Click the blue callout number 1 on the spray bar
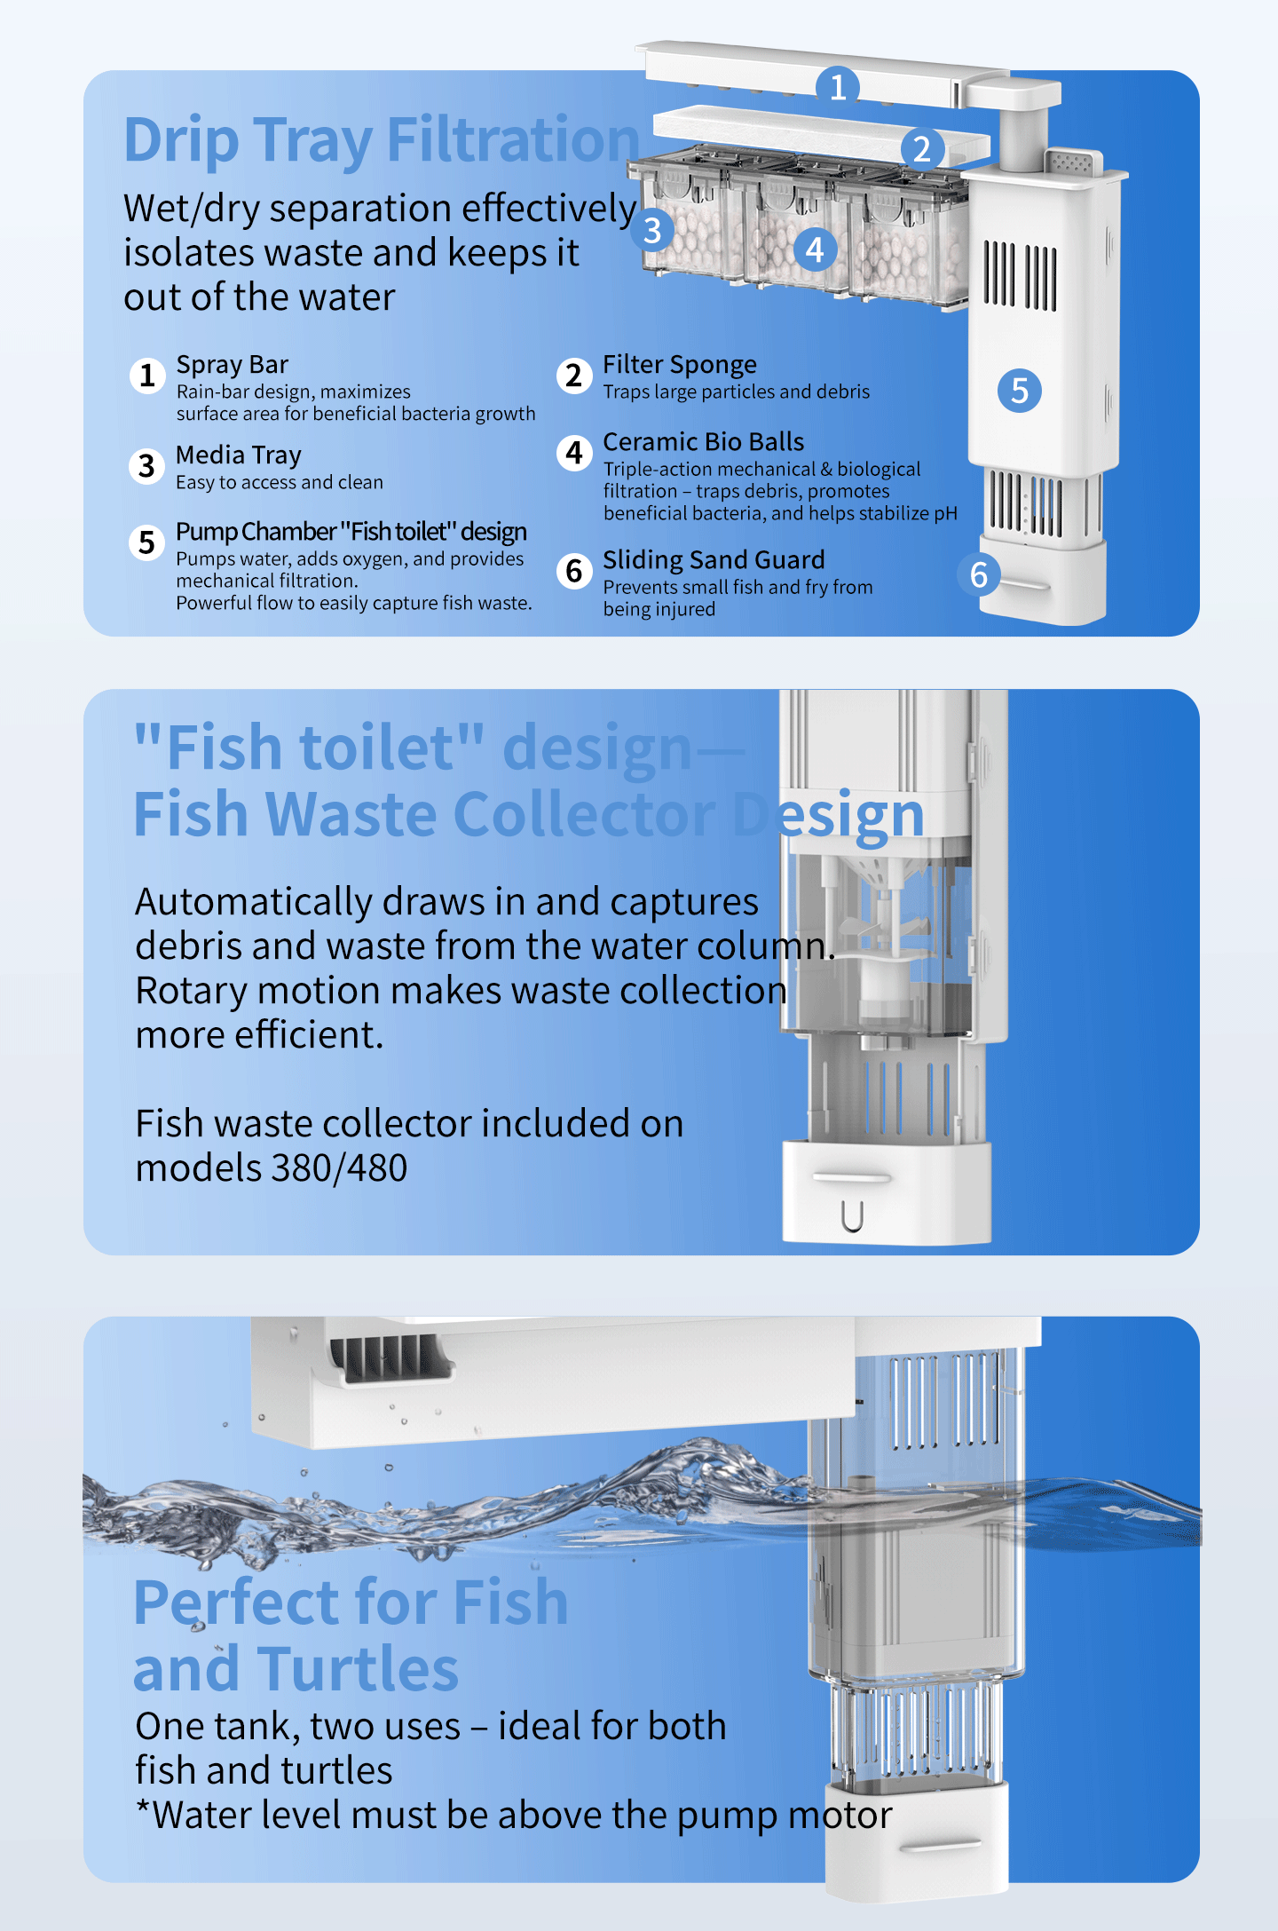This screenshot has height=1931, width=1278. (x=838, y=87)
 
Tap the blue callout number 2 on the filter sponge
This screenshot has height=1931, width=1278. (x=922, y=148)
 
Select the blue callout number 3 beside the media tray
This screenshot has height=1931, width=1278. (x=652, y=231)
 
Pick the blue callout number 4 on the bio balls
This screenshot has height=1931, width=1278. (x=815, y=249)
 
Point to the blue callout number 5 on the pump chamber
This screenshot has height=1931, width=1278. (x=1020, y=391)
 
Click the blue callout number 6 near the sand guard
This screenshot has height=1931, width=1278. (x=979, y=575)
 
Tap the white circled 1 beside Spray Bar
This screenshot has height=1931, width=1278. (x=147, y=376)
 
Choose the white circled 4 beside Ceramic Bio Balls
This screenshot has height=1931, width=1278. (x=574, y=453)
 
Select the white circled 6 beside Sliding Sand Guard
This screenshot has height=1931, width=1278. (x=574, y=571)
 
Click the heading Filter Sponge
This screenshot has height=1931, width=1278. (x=680, y=365)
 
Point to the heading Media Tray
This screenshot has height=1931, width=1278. (x=239, y=455)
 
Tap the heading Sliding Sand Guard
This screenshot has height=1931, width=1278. (x=714, y=560)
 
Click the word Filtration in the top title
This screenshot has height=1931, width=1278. (x=513, y=139)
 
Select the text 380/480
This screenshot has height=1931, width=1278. (x=339, y=1168)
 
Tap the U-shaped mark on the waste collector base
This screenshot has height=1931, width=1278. (x=852, y=1215)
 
